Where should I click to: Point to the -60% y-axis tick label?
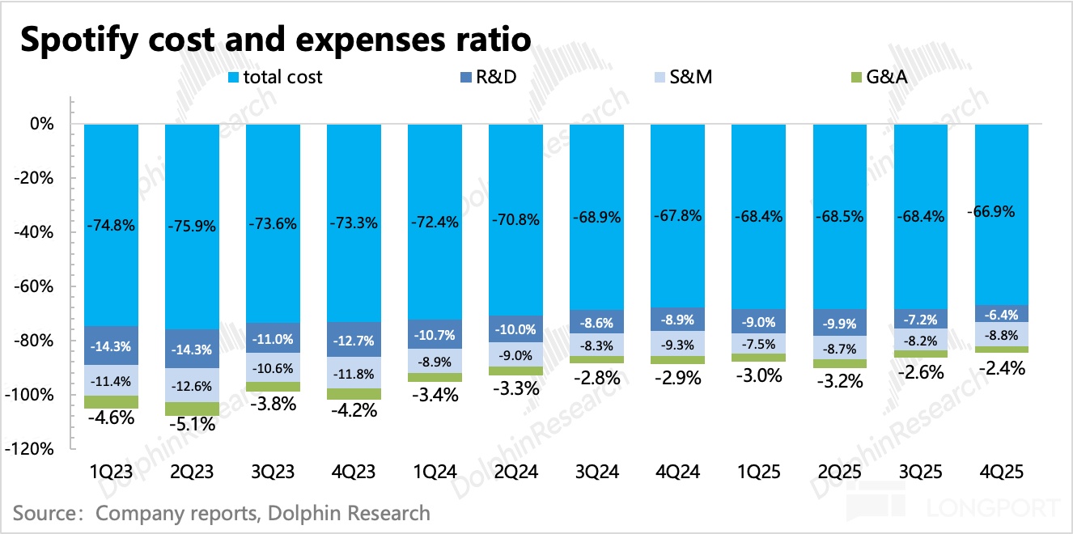[x=36, y=286]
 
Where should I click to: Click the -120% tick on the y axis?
[x=33, y=449]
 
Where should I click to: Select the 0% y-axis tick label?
[x=42, y=125]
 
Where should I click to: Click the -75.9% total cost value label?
[x=193, y=227]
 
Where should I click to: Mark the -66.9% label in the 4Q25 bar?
[x=992, y=211]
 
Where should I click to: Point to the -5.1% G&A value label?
[x=193, y=422]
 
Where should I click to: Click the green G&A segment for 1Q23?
[x=112, y=402]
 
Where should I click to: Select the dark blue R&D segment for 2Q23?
[x=193, y=349]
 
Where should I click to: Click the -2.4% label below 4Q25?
[x=1002, y=368]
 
